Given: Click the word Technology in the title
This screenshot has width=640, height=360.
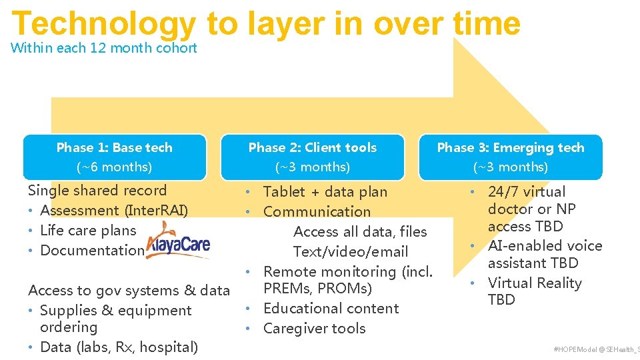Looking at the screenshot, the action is coord(103,24).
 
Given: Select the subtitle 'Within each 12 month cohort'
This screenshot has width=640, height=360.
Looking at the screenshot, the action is coord(104,48).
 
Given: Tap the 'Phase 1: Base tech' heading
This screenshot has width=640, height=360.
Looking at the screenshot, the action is coord(114,147).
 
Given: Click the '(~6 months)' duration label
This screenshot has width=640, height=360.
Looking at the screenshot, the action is coord(114,167).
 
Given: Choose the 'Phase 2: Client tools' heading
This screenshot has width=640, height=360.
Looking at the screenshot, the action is coord(313,147).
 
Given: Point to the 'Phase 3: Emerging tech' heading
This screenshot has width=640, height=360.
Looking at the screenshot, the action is coord(511,147).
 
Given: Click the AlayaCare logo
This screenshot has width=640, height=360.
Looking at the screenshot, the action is coord(178,245).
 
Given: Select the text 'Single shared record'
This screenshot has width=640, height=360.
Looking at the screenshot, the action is coord(97,191).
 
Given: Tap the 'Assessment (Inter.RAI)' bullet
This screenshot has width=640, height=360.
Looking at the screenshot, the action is coord(114,211).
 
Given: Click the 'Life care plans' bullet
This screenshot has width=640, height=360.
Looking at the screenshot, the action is coord(88,231).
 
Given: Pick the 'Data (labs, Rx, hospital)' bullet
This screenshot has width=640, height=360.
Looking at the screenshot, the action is coord(119,347).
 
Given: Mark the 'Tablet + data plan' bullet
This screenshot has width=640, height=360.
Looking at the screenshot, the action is coord(325,192).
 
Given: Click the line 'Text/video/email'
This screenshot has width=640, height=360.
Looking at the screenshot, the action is coord(351,252).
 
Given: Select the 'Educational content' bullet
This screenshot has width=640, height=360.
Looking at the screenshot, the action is coord(331,309).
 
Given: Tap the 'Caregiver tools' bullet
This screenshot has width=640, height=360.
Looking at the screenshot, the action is coord(314,329).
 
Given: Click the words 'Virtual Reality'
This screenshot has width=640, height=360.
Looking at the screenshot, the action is coord(535,283).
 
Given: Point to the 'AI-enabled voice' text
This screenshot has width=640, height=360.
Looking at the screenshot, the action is coord(545,246).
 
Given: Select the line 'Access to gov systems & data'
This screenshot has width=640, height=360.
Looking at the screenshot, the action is coord(129,290).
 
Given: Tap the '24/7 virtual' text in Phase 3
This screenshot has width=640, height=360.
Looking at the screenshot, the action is coord(526,192).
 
